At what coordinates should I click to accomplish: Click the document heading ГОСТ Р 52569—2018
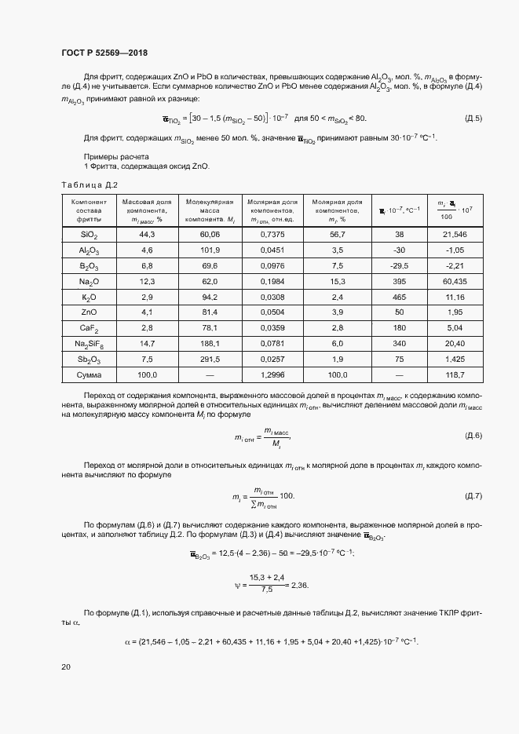(x=104, y=52)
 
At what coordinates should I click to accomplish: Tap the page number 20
(x=66, y=666)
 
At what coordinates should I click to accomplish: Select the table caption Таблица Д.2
(x=90, y=184)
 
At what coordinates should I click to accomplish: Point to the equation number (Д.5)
(x=473, y=119)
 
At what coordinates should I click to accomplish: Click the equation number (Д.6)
(x=473, y=435)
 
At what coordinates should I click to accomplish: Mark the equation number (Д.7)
(x=473, y=496)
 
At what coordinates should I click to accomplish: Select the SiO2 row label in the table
(x=89, y=235)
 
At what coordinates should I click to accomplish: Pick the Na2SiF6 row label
(x=89, y=344)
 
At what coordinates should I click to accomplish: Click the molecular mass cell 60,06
(x=210, y=235)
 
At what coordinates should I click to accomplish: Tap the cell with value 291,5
(x=210, y=360)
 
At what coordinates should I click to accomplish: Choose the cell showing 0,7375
(x=272, y=235)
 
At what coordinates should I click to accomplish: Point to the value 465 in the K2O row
(x=399, y=298)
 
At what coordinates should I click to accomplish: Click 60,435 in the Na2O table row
(x=455, y=281)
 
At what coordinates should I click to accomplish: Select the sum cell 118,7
(x=455, y=375)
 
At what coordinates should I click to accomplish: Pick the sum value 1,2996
(x=272, y=375)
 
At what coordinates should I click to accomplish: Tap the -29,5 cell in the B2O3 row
(x=399, y=265)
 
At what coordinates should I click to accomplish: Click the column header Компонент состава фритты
(x=89, y=210)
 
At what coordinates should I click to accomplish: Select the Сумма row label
(x=89, y=375)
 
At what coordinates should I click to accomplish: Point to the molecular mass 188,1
(x=210, y=344)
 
